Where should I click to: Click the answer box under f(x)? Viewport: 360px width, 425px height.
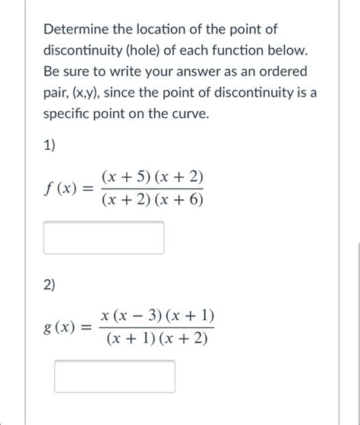pos(103,237)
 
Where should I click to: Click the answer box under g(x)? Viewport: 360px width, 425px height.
pos(114,376)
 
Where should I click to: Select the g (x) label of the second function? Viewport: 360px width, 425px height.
pos(62,329)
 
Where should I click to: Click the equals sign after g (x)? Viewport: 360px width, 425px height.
pos(86,329)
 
